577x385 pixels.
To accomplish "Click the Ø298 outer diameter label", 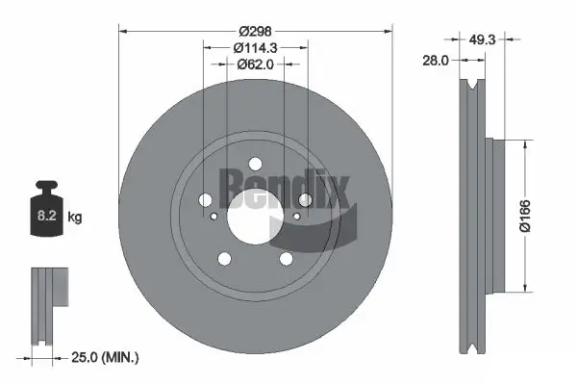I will pyautogui.click(x=256, y=20).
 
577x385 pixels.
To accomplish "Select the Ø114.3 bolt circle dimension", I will pyautogui.click(x=256, y=45).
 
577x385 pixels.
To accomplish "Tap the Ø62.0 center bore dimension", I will pyautogui.click(x=256, y=64).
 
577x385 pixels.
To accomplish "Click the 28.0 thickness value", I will pyautogui.click(x=437, y=61).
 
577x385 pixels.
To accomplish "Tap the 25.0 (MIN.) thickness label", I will pyautogui.click(x=106, y=357).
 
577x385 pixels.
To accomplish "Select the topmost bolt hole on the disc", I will pyautogui.click(x=256, y=164).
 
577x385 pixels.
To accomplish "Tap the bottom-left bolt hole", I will pyautogui.click(x=225, y=258).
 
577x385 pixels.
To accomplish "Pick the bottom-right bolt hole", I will pyautogui.click(x=286, y=258).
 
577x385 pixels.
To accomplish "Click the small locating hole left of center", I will pyautogui.click(x=216, y=217).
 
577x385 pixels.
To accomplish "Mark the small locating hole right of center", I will pyautogui.click(x=295, y=217).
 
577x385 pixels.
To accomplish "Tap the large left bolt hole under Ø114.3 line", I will pyautogui.click(x=206, y=199).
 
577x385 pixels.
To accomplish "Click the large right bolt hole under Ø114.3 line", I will pyautogui.click(x=305, y=199).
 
